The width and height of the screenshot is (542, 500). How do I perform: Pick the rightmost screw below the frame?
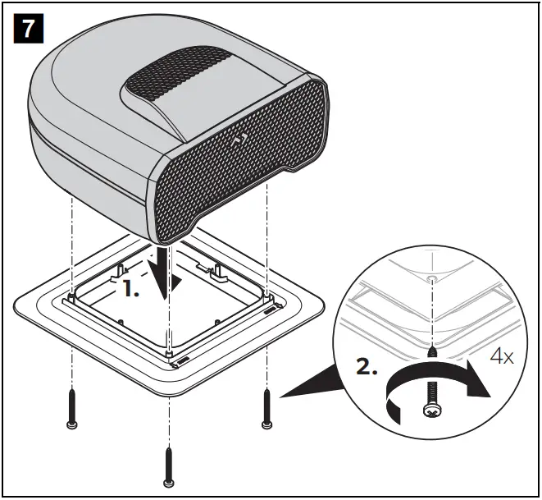(266, 408)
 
